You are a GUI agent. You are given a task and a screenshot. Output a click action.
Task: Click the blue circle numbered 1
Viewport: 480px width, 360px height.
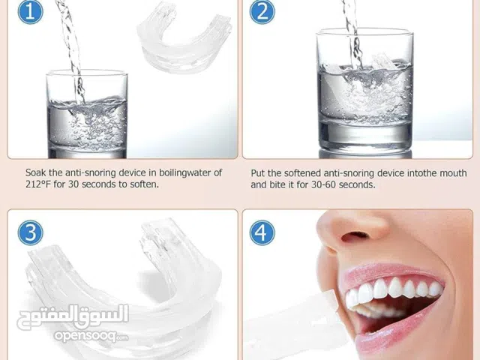click(x=30, y=12)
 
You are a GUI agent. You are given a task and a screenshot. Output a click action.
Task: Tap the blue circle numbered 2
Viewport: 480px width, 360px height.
click(x=262, y=12)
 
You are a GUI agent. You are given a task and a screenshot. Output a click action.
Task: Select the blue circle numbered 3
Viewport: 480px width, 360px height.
click(x=30, y=232)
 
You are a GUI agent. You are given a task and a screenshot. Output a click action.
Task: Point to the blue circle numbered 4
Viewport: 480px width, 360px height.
click(x=262, y=232)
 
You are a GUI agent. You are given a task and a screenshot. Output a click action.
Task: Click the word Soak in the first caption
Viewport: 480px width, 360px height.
click(x=36, y=173)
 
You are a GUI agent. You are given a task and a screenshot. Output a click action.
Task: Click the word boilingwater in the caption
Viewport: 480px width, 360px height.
click(x=185, y=173)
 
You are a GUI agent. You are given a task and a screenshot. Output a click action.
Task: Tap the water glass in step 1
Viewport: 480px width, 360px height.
click(x=87, y=114)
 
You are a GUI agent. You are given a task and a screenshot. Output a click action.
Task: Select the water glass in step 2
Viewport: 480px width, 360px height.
click(x=364, y=91)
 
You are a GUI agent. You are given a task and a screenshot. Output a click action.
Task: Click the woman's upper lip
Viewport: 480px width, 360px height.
click(x=388, y=272)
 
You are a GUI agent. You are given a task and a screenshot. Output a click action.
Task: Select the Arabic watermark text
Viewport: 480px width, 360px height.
click(x=73, y=316)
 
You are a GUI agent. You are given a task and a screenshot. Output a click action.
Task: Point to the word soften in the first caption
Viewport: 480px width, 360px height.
click(x=144, y=184)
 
